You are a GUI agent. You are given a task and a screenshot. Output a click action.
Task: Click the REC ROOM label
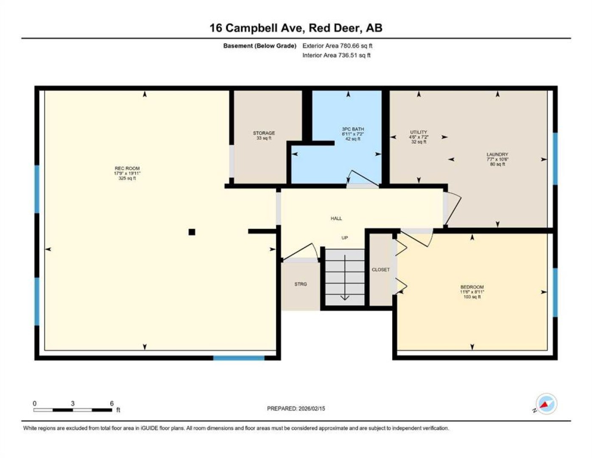pos(127,168)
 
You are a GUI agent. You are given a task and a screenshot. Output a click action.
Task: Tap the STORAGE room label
pos(264,133)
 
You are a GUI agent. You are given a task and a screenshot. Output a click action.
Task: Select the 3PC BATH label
pos(353,129)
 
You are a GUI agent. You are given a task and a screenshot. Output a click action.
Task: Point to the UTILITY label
pos(419,132)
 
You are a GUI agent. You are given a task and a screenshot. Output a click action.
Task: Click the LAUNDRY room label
pos(497,154)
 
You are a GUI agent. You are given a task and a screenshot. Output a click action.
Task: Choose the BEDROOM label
pos(472,287)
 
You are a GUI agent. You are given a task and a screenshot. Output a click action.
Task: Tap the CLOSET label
pos(380,269)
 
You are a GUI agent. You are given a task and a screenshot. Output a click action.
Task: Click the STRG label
pos(301,284)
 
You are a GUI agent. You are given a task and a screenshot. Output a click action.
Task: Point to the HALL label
pos(336,218)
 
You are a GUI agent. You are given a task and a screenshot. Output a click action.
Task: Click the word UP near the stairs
pos(345,237)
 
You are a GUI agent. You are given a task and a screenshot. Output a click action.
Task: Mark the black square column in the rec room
pos(192,232)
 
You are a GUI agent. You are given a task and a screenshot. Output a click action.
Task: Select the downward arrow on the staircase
pos(345,278)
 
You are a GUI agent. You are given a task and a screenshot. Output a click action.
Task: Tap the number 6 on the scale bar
pos(112,403)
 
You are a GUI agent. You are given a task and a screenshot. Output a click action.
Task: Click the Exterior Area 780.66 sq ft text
pos(337,46)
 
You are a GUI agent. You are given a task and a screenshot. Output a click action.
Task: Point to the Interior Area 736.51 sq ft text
pos(336,55)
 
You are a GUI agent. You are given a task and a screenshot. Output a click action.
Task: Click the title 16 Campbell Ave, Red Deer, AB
pos(296,28)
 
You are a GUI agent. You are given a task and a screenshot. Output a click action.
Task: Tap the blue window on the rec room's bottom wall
pos(239,358)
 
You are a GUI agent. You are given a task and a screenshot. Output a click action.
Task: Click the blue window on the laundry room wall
pos(555,159)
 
